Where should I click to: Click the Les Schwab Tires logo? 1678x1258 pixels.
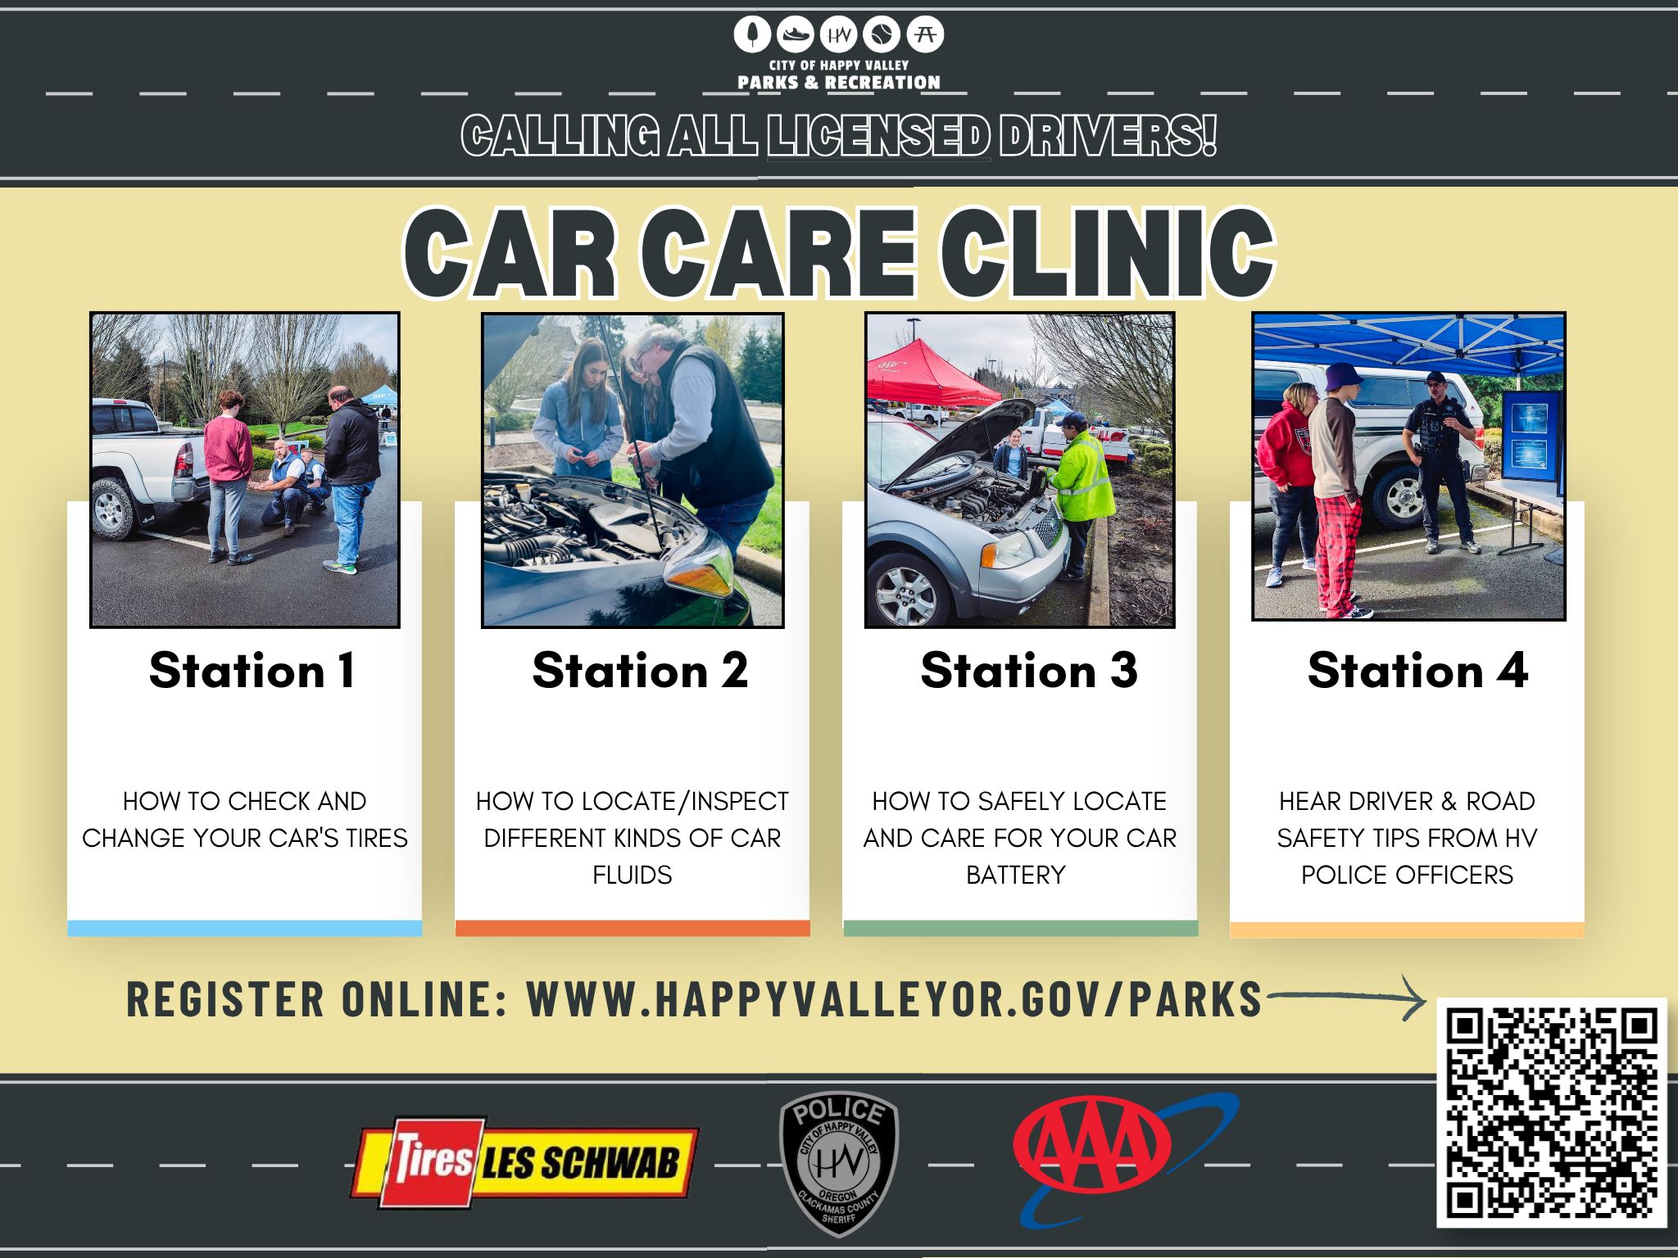[x=525, y=1161]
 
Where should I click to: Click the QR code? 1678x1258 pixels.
[x=1552, y=1111]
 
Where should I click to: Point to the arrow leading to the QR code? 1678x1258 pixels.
[x=1348, y=997]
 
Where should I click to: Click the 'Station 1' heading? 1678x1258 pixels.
[x=252, y=671]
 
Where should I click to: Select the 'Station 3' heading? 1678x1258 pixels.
[x=1029, y=671]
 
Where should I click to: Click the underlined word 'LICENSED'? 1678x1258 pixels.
[x=878, y=136]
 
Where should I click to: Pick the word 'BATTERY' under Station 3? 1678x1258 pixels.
[x=1016, y=875]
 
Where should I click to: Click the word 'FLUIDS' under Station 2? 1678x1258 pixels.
[x=632, y=875]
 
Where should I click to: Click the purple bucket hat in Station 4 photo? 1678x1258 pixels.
[x=1343, y=376]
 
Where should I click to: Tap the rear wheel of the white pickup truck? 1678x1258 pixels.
[x=111, y=509]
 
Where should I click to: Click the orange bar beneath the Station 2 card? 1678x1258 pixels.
[x=633, y=928]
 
